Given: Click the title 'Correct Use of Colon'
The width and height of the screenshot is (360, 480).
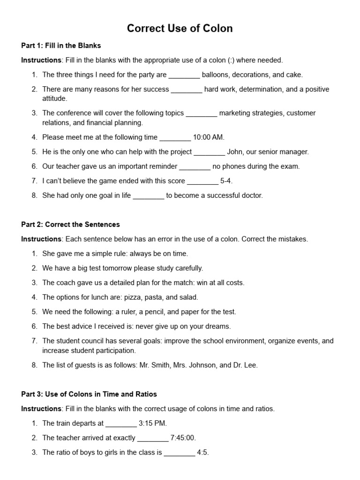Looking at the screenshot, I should [x=180, y=29].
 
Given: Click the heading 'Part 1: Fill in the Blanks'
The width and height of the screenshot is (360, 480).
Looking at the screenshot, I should [x=61, y=45].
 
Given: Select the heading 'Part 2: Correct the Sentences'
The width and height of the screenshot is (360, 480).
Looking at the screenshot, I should [x=70, y=224].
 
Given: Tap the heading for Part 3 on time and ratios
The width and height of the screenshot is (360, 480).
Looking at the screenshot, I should [x=89, y=394].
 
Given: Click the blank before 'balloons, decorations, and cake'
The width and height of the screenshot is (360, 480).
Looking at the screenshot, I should [x=184, y=75].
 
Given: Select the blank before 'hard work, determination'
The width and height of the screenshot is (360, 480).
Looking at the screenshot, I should [x=187, y=90].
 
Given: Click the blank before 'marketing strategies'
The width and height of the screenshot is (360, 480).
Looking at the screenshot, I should [x=202, y=113].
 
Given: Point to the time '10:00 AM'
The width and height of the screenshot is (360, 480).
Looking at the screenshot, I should [x=209, y=137].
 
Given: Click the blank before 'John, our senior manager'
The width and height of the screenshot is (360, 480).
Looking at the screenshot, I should [x=209, y=152].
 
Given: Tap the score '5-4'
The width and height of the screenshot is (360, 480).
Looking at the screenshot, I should [x=227, y=181].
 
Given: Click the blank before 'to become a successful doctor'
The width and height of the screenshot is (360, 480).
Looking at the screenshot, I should [x=149, y=195].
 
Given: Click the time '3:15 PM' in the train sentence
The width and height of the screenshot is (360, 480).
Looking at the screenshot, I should [x=153, y=423].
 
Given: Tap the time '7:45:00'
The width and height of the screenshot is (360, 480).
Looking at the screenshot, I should [x=183, y=438].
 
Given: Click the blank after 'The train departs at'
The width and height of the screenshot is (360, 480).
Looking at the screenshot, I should [x=121, y=423].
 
